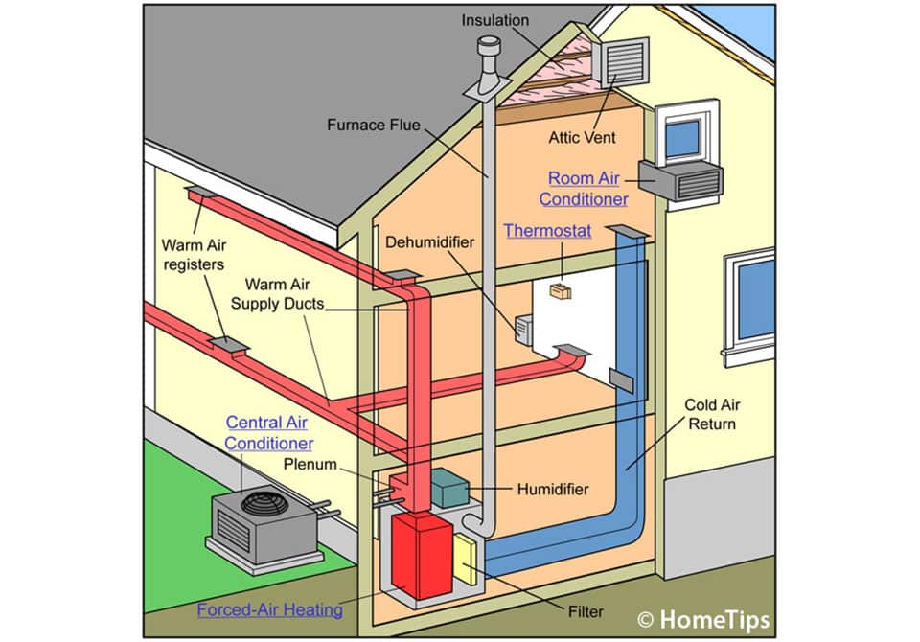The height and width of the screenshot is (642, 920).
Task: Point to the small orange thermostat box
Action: (561, 290)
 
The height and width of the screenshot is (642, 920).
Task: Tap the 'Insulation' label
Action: (496, 19)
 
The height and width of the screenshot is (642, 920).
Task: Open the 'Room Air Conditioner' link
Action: (584, 189)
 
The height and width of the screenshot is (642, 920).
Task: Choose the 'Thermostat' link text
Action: (547, 231)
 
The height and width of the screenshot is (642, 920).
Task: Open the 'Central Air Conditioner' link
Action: (268, 432)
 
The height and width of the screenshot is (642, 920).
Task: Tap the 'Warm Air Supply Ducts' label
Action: (282, 294)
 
